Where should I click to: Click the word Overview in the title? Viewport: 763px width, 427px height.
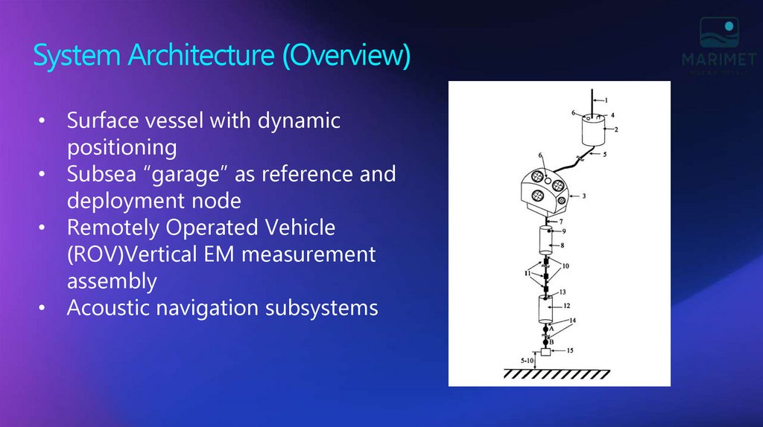(x=346, y=57)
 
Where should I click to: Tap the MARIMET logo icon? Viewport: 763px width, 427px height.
(x=718, y=34)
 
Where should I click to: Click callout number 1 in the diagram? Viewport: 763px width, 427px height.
(x=606, y=100)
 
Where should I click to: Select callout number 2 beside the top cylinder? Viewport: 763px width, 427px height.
(x=615, y=129)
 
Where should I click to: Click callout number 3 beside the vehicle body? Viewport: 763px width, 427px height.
(x=584, y=196)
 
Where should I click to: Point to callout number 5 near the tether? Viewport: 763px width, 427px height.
(x=605, y=155)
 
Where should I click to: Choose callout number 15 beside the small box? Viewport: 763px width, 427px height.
(x=569, y=350)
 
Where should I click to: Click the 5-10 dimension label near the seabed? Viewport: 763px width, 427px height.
(x=528, y=361)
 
